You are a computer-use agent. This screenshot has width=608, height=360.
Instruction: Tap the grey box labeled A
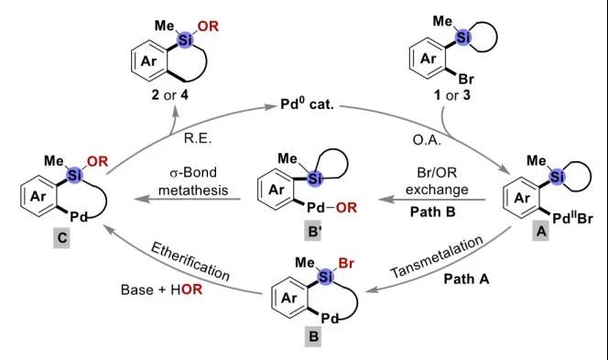coord(540,232)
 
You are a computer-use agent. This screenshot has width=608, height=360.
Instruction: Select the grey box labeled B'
coord(313,232)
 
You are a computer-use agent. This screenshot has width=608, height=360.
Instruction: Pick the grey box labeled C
coord(62,237)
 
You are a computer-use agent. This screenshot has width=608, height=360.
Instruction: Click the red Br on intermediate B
coord(346,264)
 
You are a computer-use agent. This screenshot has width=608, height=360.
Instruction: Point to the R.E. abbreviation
coord(198,138)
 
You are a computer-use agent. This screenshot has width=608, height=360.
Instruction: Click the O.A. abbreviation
coord(427,139)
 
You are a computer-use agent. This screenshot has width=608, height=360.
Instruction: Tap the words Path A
coord(466,278)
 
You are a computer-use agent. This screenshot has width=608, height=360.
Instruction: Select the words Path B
coord(433,212)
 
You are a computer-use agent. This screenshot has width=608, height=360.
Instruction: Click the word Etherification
coord(190,262)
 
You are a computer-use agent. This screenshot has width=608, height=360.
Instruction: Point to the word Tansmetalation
coord(437,256)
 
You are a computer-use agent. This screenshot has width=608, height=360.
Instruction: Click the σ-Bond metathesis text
coord(193,181)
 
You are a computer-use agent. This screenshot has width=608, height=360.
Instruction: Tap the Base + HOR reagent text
coord(162,289)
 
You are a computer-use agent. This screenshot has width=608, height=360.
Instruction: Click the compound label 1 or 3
coord(452,95)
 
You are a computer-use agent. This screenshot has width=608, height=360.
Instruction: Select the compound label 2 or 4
coord(169,95)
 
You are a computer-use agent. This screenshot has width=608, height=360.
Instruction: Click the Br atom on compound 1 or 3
coord(466,79)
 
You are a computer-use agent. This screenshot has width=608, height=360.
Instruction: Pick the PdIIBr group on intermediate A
coord(572,218)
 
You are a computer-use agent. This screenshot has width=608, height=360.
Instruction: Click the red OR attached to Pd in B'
coord(346,208)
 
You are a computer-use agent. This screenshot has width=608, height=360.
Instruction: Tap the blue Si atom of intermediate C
coord(75,175)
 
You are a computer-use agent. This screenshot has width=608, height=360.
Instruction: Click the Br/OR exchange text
coord(437,180)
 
